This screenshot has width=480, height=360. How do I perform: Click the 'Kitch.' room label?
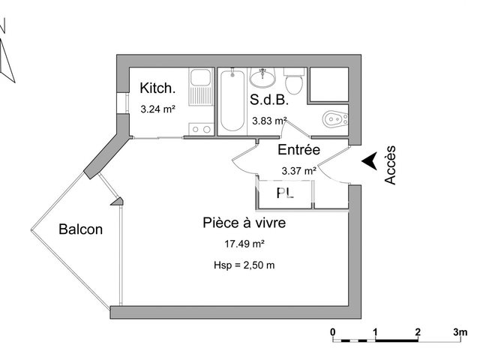coord(157,88)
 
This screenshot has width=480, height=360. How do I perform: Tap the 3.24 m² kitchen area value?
coord(157,109)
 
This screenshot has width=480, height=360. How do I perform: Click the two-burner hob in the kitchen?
coord(200,129)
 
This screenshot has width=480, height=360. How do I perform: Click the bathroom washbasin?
coord(263,77)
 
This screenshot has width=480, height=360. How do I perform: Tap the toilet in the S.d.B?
coord(293,79)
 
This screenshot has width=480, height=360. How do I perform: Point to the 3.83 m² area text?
coord(269,120)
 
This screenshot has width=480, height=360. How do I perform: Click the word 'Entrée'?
coord(299,150)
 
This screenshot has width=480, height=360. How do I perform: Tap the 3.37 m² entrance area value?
coord(298,170)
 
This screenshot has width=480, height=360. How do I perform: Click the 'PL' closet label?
coord(285,193)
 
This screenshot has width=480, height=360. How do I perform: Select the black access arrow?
coord(368,161)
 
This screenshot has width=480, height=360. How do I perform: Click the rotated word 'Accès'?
coord(390,165)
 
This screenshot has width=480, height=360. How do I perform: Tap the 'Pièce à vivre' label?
coord(244,223)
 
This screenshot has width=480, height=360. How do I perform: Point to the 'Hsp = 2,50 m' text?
coord(244,265)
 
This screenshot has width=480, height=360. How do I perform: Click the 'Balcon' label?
coord(80,229)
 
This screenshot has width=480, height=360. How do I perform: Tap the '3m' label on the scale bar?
coord(459,331)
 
